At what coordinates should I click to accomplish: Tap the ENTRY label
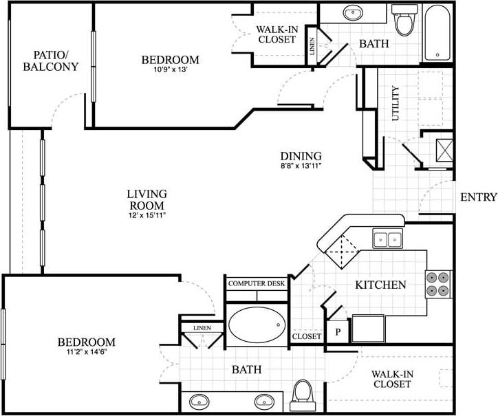[x=478, y=197]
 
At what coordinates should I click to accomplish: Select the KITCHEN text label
[x=380, y=285]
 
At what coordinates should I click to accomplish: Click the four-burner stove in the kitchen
[x=439, y=283]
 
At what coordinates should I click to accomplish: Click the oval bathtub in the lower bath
[x=256, y=324]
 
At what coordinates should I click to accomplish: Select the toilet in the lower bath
[x=302, y=395]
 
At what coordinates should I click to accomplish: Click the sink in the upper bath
[x=354, y=12]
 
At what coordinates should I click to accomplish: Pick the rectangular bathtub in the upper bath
[x=438, y=32]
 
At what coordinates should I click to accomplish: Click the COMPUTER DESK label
[x=257, y=283]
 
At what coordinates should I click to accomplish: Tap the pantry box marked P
[x=338, y=331]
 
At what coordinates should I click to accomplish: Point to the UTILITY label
[x=395, y=103]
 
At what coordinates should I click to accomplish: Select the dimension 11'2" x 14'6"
[x=86, y=352]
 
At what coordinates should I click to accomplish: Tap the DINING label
[x=301, y=156]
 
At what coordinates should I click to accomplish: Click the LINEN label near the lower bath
[x=202, y=328]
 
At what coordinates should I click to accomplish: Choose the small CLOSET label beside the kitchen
[x=306, y=337]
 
